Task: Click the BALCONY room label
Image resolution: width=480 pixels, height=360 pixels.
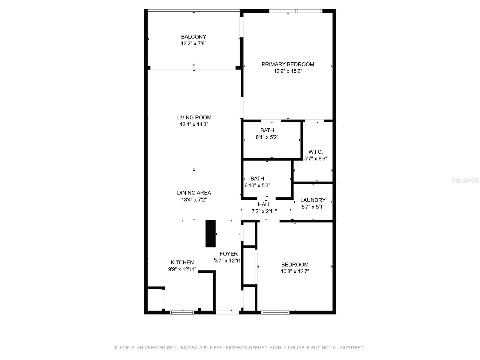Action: click(193, 37)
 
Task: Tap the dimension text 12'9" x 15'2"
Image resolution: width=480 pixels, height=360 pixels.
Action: click(288, 71)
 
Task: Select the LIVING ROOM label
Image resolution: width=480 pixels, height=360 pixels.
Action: click(194, 118)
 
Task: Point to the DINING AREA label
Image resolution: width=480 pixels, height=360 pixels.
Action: click(194, 193)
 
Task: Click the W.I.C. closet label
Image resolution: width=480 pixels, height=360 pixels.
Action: click(316, 152)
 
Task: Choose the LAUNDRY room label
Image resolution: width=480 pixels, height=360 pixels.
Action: click(313, 200)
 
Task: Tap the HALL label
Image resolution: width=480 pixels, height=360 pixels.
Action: click(264, 204)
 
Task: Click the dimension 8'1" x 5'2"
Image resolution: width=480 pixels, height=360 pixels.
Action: click(267, 137)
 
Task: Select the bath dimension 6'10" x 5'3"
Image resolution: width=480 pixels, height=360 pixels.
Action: click(257, 185)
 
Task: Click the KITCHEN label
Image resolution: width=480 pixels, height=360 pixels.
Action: click(182, 262)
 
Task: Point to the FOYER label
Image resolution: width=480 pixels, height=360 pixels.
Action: click(228, 253)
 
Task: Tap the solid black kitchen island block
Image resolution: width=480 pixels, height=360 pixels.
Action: click(210, 233)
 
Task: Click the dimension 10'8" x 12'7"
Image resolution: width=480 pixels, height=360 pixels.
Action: click(295, 271)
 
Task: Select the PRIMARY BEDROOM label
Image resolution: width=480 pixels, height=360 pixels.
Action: click(288, 64)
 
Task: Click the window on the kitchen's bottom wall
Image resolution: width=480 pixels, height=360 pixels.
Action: click(182, 313)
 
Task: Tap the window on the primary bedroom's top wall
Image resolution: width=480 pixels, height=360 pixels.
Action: click(296, 11)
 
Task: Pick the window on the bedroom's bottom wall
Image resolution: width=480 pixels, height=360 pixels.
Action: click(275, 313)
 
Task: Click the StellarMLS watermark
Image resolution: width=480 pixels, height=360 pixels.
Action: click(465, 180)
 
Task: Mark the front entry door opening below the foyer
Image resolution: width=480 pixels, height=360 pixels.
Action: click(227, 313)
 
